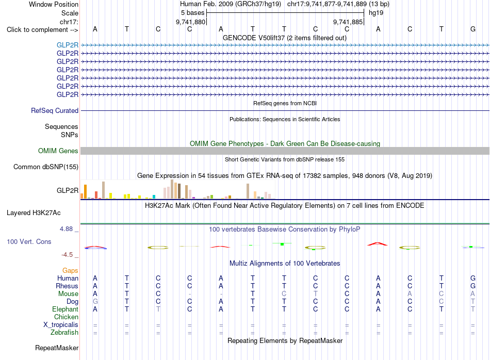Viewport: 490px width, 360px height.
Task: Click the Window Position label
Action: click(x=54, y=4)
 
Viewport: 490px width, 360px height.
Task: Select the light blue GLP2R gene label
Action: click(x=68, y=45)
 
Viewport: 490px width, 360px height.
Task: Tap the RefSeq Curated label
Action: click(x=55, y=110)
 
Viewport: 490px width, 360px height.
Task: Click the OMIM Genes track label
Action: click(x=58, y=151)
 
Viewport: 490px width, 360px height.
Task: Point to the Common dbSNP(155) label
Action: click(x=46, y=167)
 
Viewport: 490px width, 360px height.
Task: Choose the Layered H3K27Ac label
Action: click(x=34, y=213)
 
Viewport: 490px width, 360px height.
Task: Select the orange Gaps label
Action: click(x=70, y=271)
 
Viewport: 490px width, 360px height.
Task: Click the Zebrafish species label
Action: click(x=64, y=333)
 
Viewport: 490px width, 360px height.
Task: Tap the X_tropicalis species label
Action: click(x=61, y=325)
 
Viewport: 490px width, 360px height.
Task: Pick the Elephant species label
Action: click(x=66, y=309)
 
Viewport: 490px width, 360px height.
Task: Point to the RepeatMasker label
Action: click(x=57, y=348)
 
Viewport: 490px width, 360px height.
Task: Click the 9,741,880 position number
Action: click(x=191, y=22)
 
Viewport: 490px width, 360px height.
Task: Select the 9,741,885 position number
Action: click(x=348, y=22)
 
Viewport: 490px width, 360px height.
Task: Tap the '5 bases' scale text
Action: click(x=192, y=13)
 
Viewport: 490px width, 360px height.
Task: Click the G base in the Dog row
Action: click(x=95, y=302)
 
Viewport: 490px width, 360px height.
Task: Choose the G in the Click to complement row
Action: click(x=473, y=29)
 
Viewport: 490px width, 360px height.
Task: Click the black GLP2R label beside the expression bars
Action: click(x=68, y=191)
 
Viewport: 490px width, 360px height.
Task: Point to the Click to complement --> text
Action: click(x=42, y=30)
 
